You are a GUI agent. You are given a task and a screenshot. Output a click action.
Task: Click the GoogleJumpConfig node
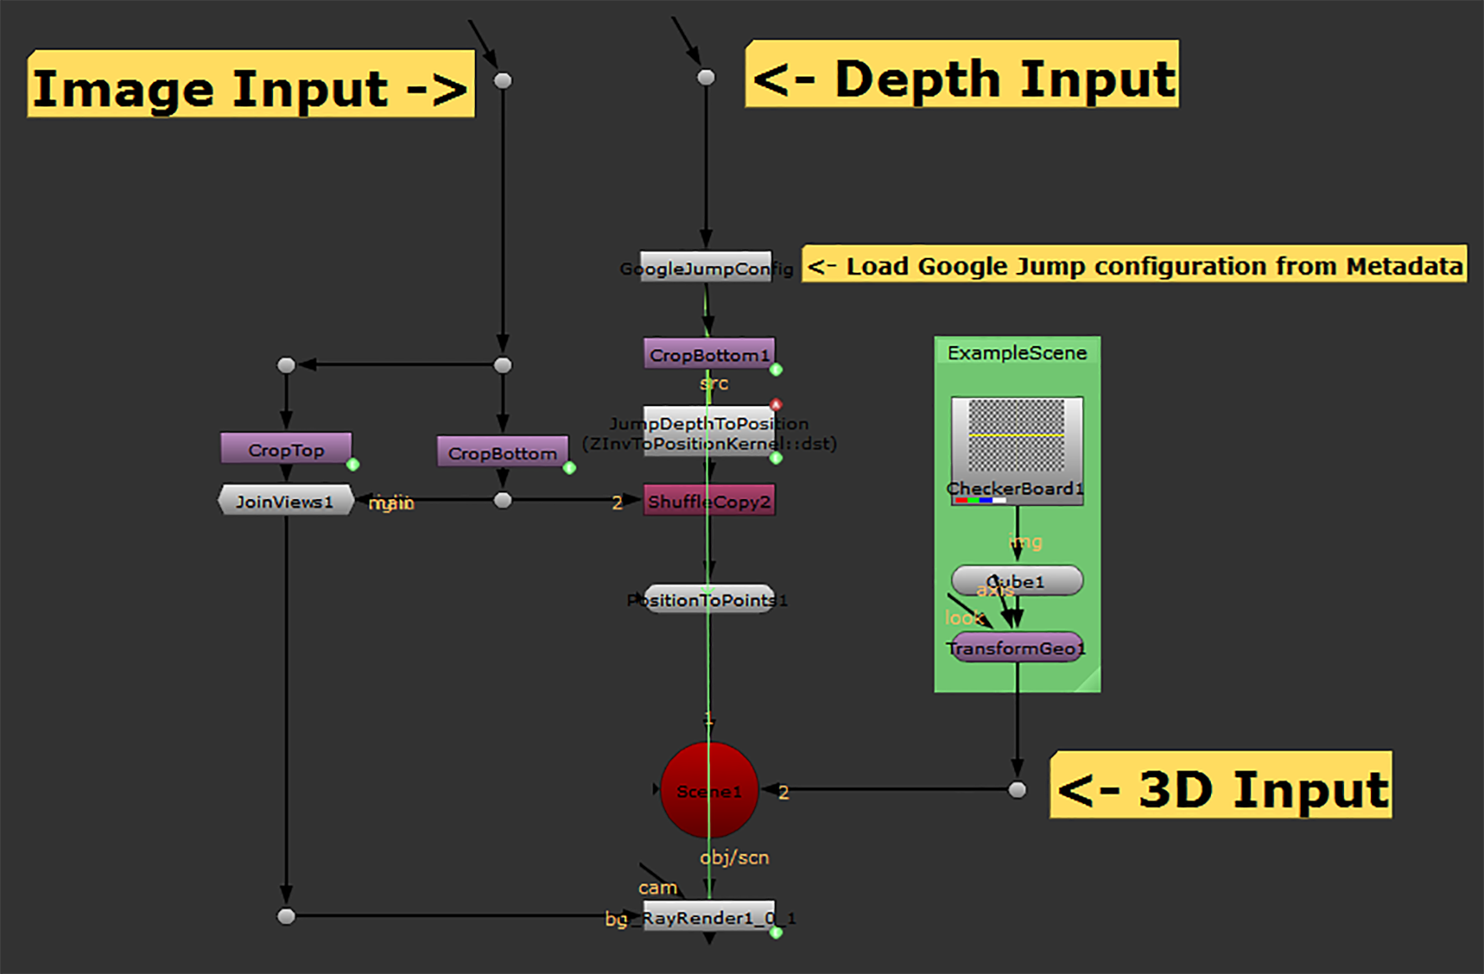coord(706,267)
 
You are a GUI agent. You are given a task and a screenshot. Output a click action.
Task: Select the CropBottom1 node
coord(709,354)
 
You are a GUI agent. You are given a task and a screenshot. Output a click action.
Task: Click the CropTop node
coord(286,449)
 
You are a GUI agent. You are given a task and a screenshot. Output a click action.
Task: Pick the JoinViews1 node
coord(285,501)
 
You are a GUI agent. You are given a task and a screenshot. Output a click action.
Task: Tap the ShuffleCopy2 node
coord(709,501)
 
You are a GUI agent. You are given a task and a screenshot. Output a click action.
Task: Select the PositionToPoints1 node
coord(709,600)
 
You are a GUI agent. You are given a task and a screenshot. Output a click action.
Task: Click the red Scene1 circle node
coord(709,791)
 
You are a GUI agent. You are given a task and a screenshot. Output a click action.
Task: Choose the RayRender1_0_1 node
coord(709,917)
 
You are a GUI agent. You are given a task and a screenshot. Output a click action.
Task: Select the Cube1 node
coord(1017,580)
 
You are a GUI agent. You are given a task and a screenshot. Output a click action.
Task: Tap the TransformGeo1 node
coord(1017,647)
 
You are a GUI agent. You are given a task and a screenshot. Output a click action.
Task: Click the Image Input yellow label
coord(250,85)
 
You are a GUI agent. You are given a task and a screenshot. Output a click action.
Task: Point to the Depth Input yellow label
coord(961,75)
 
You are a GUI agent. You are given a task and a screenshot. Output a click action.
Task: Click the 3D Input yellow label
coord(1220,786)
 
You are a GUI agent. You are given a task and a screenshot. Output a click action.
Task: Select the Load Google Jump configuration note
coord(1134,265)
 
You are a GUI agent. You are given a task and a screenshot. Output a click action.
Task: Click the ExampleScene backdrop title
coord(1017,353)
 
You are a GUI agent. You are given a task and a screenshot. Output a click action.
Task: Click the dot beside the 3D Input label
coord(1017,790)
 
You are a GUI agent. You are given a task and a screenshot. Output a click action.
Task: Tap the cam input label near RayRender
coord(657,888)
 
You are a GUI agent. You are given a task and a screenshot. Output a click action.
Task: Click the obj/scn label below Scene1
coord(734,858)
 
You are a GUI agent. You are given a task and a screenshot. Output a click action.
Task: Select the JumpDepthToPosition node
coord(709,432)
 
